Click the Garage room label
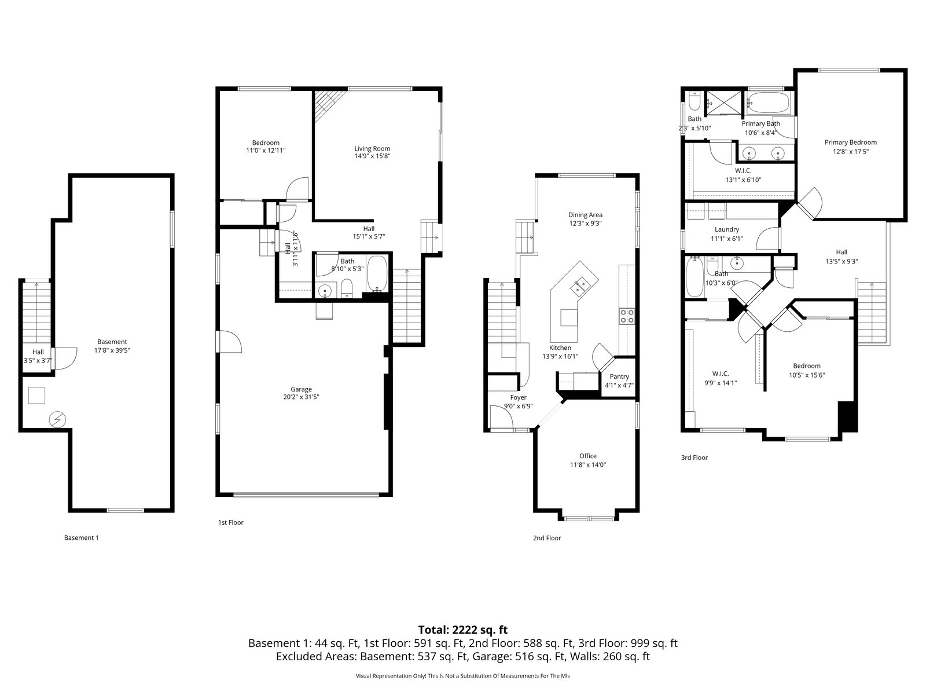(301, 389)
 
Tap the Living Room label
(372, 148)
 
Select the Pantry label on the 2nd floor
(619, 376)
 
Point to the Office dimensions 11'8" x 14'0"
(587, 464)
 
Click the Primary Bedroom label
(850, 142)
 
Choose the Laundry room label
(726, 229)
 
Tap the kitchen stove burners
(627, 316)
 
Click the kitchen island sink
(580, 287)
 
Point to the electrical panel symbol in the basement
(57, 419)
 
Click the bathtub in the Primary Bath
(768, 103)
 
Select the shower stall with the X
(724, 103)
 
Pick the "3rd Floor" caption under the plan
(694, 458)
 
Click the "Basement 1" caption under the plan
(81, 537)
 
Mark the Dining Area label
(585, 215)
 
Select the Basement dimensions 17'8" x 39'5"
(112, 350)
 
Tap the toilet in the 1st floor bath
(347, 288)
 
